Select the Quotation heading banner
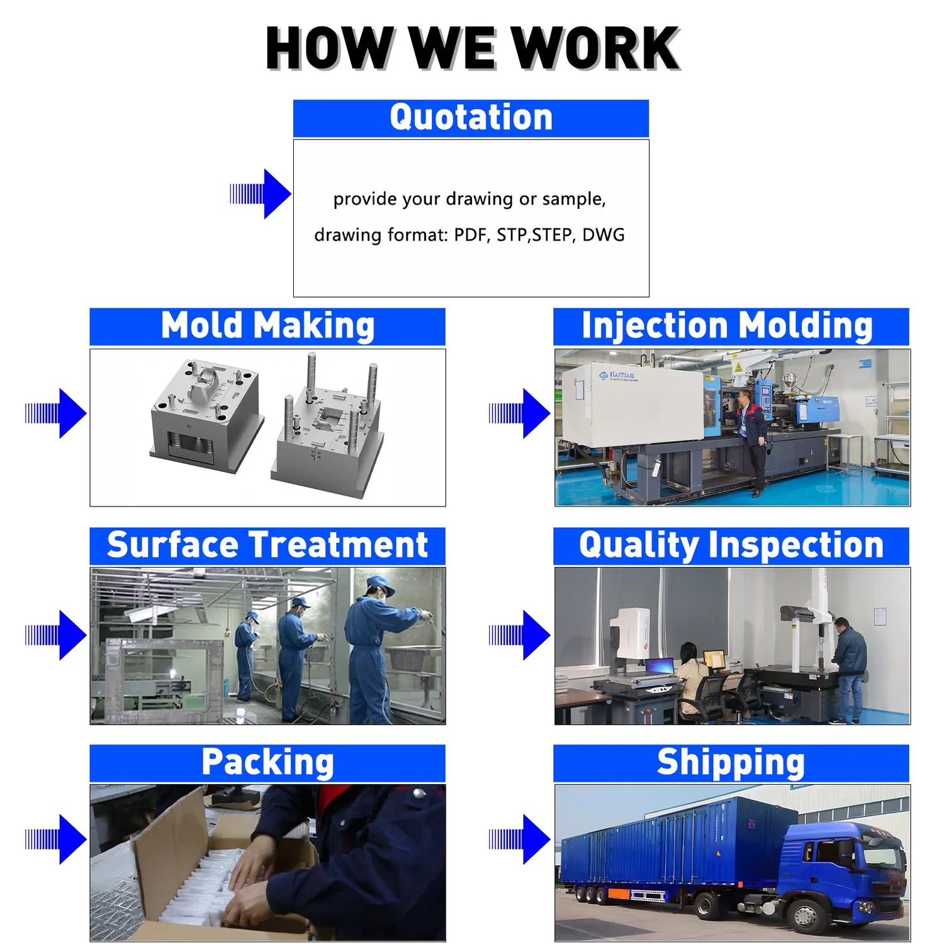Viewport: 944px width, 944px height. [x=471, y=118]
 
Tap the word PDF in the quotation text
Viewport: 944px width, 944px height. [x=470, y=235]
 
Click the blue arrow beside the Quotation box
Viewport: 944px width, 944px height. [x=261, y=194]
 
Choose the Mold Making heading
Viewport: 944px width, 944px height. [x=267, y=326]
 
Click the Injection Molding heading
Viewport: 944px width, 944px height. [x=731, y=326]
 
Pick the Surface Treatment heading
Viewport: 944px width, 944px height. [x=267, y=546]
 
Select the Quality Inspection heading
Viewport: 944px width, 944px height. [x=731, y=546]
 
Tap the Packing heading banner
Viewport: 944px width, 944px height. [x=267, y=763]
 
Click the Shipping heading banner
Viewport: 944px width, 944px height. [x=731, y=763]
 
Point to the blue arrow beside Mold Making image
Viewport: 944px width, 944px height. [x=56, y=413]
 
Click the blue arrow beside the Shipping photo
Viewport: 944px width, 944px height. [x=520, y=839]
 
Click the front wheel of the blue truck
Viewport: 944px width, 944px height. [x=805, y=913]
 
